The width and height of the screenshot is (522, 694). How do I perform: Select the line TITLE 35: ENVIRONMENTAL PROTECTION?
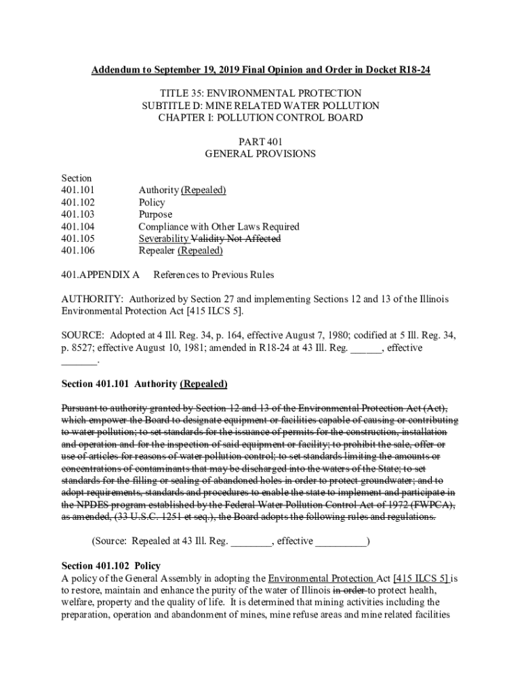(x=260, y=94)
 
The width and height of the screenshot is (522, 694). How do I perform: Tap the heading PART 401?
(x=260, y=142)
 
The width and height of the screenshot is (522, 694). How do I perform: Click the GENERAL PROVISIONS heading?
(x=260, y=154)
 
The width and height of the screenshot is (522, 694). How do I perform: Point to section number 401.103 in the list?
(x=78, y=215)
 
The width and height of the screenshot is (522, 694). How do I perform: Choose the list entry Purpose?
(x=155, y=215)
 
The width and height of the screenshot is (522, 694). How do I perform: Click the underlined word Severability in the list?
(x=164, y=239)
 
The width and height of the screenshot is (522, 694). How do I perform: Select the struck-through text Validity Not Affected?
(x=236, y=239)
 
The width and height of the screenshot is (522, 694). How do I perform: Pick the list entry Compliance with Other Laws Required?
(x=218, y=227)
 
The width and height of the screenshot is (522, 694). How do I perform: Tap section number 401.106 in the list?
(x=78, y=251)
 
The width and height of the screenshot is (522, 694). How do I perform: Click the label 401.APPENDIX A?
(x=100, y=275)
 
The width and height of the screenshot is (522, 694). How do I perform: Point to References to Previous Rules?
(x=214, y=275)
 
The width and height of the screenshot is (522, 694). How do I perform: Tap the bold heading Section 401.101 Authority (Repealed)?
(x=144, y=384)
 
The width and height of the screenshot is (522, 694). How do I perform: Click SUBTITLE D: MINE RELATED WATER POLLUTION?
(x=260, y=106)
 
